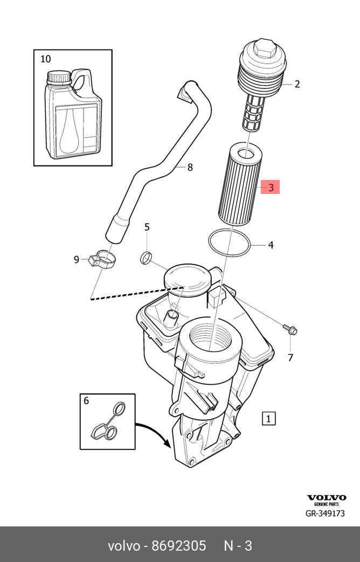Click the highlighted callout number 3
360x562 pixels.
[271, 187]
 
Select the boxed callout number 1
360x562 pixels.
[269, 418]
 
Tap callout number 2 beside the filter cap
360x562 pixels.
[297, 84]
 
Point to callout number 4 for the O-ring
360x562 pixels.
[271, 245]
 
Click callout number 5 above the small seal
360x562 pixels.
[147, 227]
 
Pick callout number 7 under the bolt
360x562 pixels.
[290, 357]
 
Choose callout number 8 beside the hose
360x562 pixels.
[190, 168]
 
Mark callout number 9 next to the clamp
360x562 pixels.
[77, 260]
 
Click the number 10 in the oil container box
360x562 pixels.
[46, 59]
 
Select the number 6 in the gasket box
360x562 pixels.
[86, 400]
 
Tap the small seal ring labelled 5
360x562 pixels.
[146, 258]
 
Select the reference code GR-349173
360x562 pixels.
[325, 514]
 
